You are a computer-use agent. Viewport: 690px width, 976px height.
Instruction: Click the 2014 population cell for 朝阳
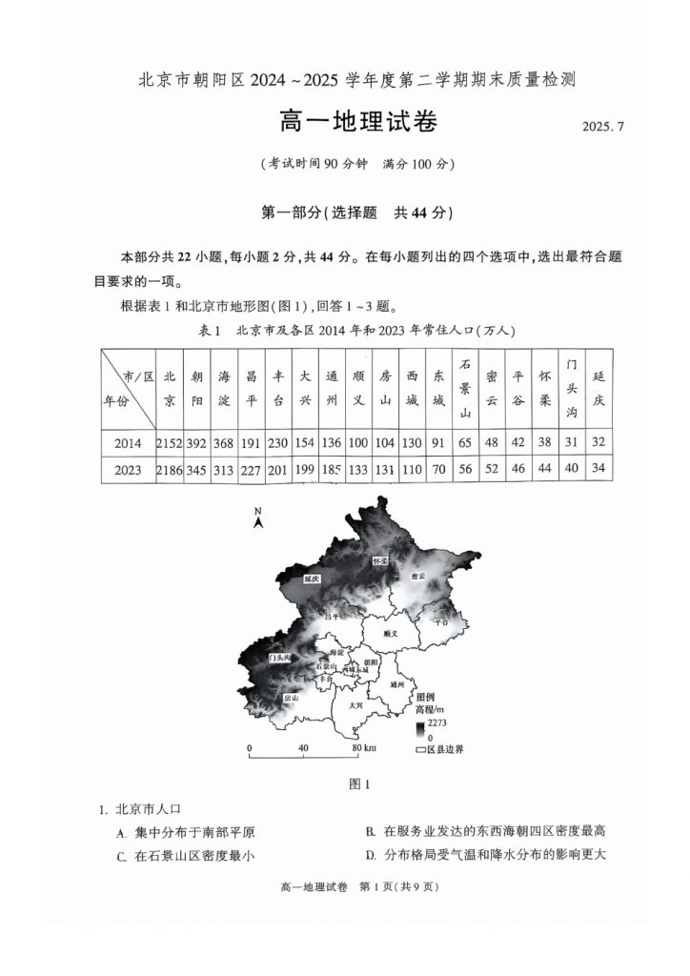[x=196, y=443]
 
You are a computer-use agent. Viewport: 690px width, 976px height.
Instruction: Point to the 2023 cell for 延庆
[x=599, y=470]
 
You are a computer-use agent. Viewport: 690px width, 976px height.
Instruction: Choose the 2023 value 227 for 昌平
[x=251, y=470]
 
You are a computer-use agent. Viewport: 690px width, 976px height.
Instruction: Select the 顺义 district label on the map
[x=387, y=633]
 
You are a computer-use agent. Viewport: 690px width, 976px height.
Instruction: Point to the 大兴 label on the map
[x=355, y=705]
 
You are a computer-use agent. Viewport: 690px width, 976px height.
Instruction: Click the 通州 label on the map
[x=397, y=684]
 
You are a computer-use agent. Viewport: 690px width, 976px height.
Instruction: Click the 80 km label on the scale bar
[x=362, y=748]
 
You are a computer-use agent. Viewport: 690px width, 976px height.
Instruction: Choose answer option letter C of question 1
[x=122, y=856]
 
